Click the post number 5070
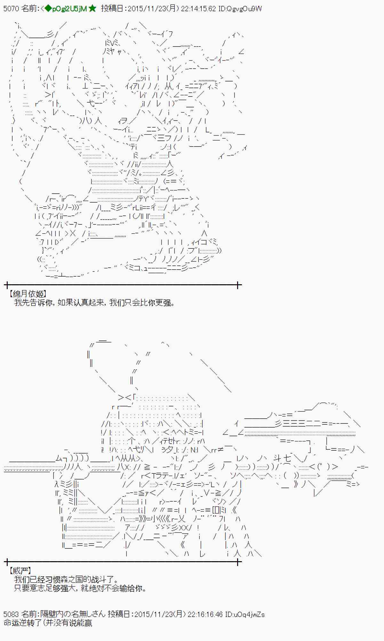point(11,9)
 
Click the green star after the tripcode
point(92,9)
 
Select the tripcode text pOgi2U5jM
point(69,9)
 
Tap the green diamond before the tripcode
point(48,9)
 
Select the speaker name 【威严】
point(20,570)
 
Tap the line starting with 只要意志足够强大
point(80,588)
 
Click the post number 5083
point(11,614)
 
